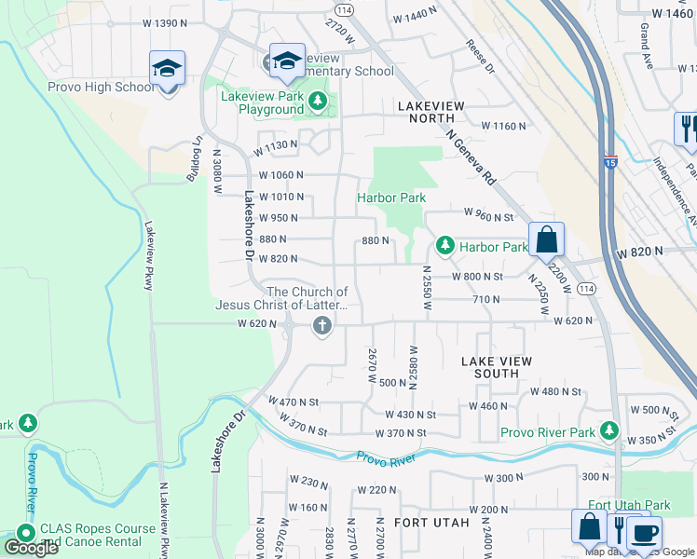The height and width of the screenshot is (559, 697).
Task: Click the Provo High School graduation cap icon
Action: [x=167, y=69]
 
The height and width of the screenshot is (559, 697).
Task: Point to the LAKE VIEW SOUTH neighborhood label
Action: [x=497, y=367]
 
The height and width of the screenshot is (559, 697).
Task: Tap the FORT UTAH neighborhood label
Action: [x=431, y=523]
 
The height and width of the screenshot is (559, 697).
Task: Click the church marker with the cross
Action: [x=322, y=325]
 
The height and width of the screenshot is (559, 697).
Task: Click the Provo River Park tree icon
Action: [x=609, y=429]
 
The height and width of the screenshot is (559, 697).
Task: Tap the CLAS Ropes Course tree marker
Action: [x=24, y=533]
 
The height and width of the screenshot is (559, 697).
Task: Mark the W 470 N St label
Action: [x=294, y=402]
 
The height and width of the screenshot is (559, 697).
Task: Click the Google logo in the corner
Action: [x=30, y=548]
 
